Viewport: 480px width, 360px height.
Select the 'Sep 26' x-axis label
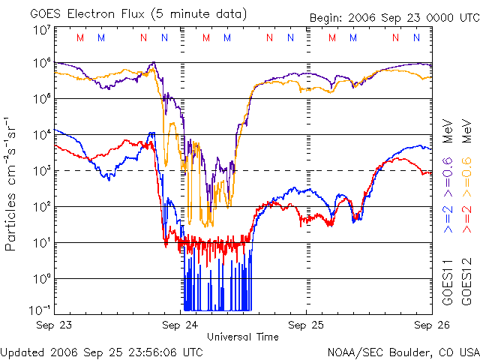click(424, 325)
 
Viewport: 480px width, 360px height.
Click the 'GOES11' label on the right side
click(447, 282)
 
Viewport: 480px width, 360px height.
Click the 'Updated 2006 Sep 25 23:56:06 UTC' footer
click(102, 351)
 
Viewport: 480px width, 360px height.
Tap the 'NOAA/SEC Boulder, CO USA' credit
click(403, 351)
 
